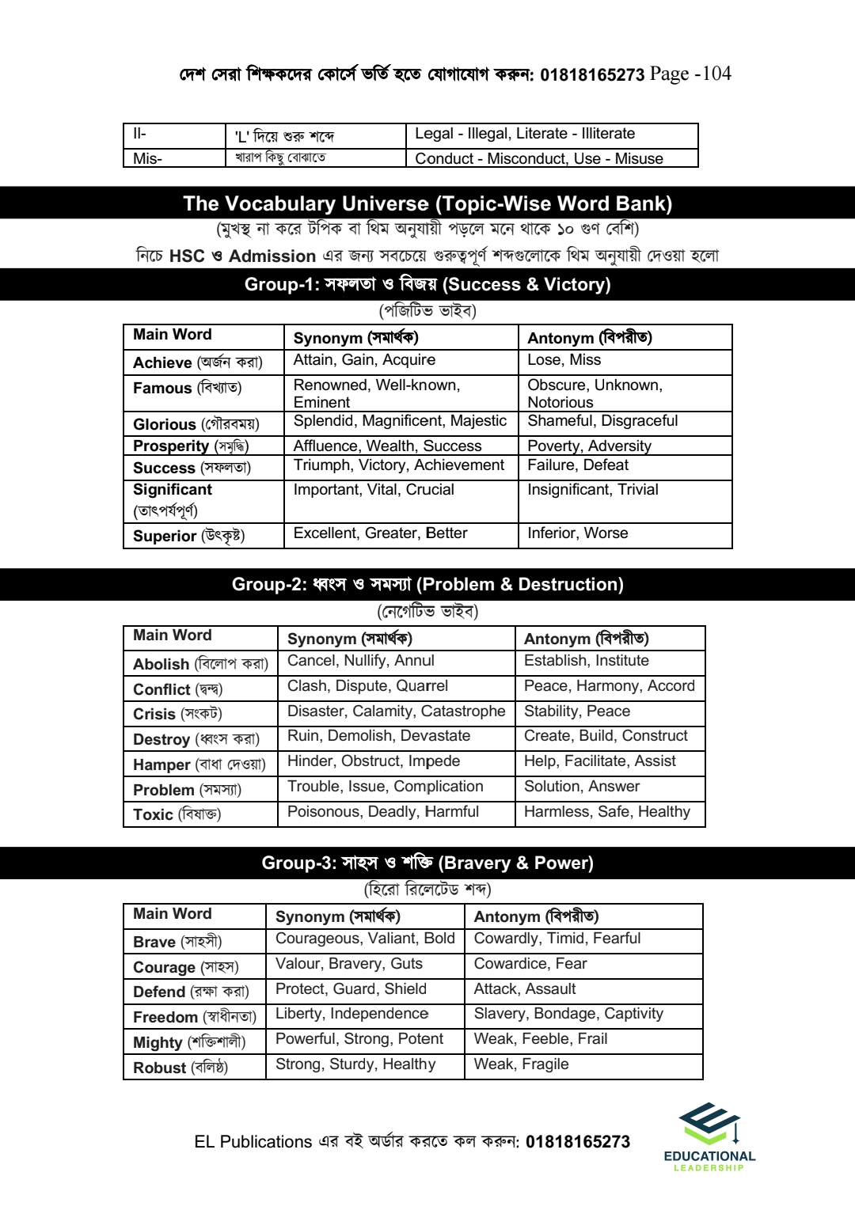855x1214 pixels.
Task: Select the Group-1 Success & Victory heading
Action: click(x=427, y=285)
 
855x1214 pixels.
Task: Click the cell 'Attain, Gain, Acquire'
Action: click(x=364, y=360)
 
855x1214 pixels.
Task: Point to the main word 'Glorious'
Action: click(x=164, y=424)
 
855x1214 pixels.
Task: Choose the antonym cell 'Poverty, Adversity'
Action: click(x=589, y=446)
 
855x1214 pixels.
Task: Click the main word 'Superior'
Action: click(x=165, y=536)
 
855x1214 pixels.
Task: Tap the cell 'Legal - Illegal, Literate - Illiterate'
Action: click(x=525, y=134)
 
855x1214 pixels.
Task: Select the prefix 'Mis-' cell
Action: click(x=148, y=158)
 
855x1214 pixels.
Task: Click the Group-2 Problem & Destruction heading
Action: click(x=427, y=585)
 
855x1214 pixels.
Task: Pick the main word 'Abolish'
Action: click(x=161, y=664)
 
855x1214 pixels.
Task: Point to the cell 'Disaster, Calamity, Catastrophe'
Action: click(x=396, y=711)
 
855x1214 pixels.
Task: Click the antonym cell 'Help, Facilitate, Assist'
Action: click(x=599, y=761)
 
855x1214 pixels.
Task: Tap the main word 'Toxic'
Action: click(x=153, y=814)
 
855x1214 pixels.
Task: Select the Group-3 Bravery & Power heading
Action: click(x=427, y=863)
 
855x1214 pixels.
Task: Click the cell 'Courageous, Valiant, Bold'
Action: click(x=365, y=939)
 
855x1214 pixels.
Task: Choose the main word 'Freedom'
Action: click(x=165, y=1017)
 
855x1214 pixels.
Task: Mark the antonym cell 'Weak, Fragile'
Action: click(x=521, y=1064)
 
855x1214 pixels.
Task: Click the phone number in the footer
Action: click(x=578, y=1142)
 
